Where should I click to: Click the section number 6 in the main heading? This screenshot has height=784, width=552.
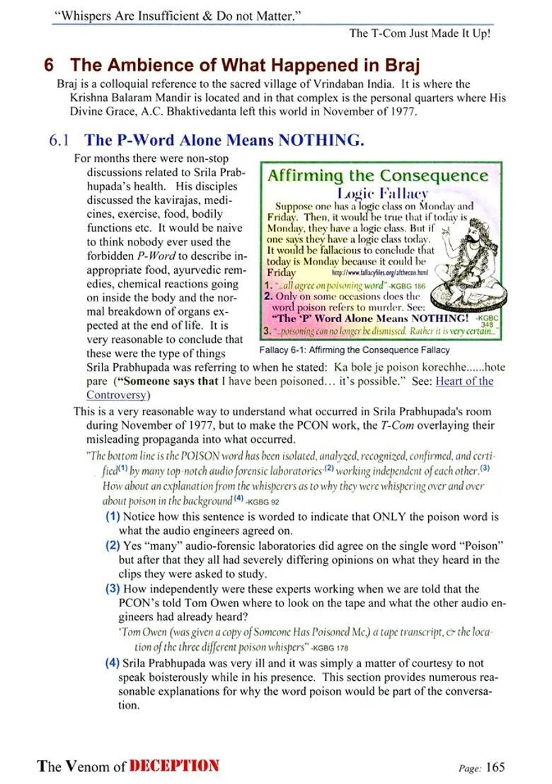[x=49, y=66]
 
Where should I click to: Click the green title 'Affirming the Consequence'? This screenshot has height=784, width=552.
[x=378, y=175]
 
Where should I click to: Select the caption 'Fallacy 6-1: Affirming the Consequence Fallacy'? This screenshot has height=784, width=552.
[x=355, y=350]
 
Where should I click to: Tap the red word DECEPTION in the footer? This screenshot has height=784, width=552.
[x=175, y=766]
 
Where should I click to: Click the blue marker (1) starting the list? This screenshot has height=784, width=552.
[x=113, y=517]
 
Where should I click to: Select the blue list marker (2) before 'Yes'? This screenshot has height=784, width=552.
[x=113, y=546]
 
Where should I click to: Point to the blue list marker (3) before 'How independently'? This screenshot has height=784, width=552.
[x=113, y=589]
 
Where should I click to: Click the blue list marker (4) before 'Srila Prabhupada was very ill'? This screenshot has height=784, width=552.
[x=113, y=663]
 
